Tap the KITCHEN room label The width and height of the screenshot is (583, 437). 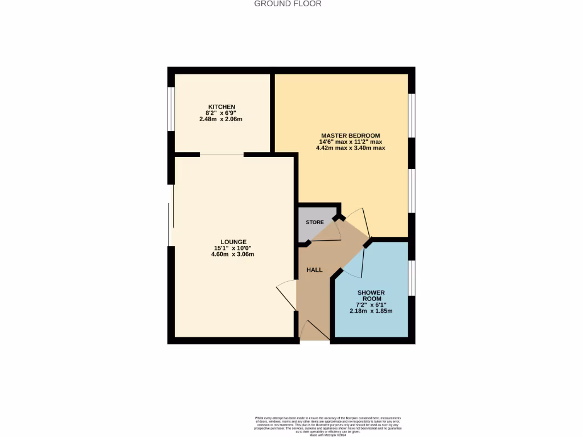click(x=221, y=107)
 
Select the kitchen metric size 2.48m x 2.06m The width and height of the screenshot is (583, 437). click(x=221, y=119)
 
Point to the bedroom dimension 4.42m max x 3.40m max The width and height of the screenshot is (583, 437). click(x=351, y=148)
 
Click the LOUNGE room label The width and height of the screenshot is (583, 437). click(x=233, y=242)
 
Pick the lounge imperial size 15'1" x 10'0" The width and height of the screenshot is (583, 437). click(x=233, y=248)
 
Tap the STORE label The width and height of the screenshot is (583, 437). click(x=315, y=222)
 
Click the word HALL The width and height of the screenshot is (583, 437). click(x=314, y=270)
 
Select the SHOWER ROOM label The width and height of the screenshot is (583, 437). click(x=371, y=295)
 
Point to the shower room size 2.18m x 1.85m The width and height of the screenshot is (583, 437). click(x=371, y=311)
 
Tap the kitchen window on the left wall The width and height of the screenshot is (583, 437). click(x=171, y=113)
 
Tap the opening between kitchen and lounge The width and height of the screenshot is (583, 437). click(x=221, y=154)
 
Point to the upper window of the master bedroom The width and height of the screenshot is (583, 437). click(x=412, y=115)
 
